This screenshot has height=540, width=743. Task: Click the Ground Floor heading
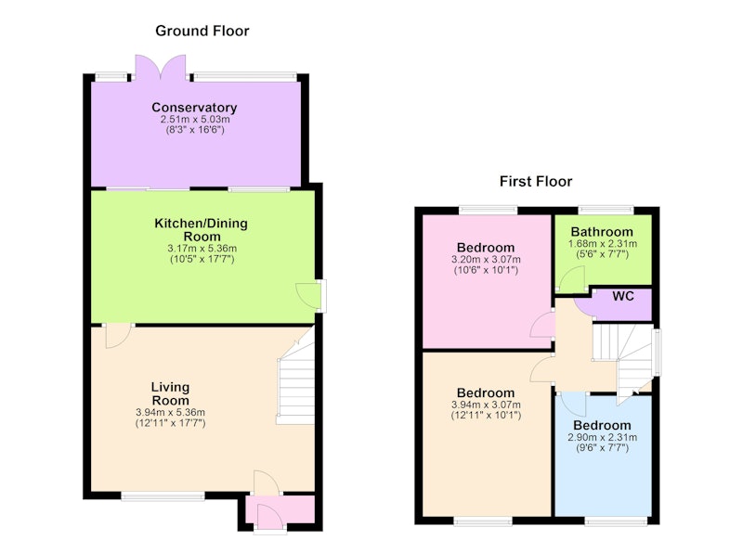pyautogui.click(x=202, y=31)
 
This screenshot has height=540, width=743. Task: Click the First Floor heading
pyautogui.click(x=536, y=181)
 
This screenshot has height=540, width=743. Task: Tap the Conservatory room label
pyautogui.click(x=194, y=108)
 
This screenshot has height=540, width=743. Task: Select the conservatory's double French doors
pyautogui.click(x=160, y=67)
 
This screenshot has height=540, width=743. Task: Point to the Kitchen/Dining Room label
pyautogui.click(x=202, y=229)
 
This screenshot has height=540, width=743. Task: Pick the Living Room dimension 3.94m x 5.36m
pyautogui.click(x=170, y=412)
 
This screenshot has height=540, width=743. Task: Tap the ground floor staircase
pyautogui.click(x=295, y=377)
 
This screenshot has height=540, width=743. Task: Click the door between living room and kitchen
pyautogui.click(x=119, y=335)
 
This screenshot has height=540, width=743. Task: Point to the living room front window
pyautogui.click(x=163, y=495)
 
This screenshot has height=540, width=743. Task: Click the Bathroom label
pyautogui.click(x=602, y=232)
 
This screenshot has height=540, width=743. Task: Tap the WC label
pyautogui.click(x=623, y=296)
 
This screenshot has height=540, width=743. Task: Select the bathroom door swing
pyautogui.click(x=572, y=279)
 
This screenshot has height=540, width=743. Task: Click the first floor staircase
pyautogui.click(x=623, y=361)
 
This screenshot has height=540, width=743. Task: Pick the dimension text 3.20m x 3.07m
pyautogui.click(x=486, y=260)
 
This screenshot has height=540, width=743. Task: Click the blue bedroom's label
pyautogui.click(x=602, y=425)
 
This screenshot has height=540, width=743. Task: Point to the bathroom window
pyautogui.click(x=606, y=210)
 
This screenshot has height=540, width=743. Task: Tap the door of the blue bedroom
pyautogui.click(x=572, y=404)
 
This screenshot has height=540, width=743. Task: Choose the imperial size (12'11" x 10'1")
pyautogui.click(x=486, y=416)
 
